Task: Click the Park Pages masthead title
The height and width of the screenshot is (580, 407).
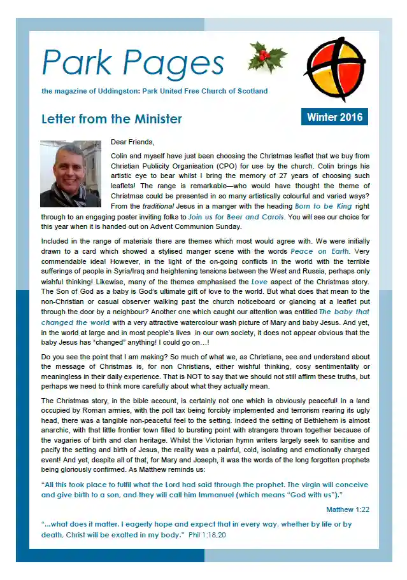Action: (133, 63)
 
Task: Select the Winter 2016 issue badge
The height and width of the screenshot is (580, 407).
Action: (334, 117)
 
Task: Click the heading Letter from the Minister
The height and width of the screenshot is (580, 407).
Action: (111, 119)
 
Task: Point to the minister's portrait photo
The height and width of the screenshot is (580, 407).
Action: (70, 174)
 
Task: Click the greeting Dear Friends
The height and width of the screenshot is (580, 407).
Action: (132, 142)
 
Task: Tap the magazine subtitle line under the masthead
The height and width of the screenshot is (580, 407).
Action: (154, 91)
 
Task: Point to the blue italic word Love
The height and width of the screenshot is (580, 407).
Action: (259, 282)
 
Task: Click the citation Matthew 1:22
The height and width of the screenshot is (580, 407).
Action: (348, 510)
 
